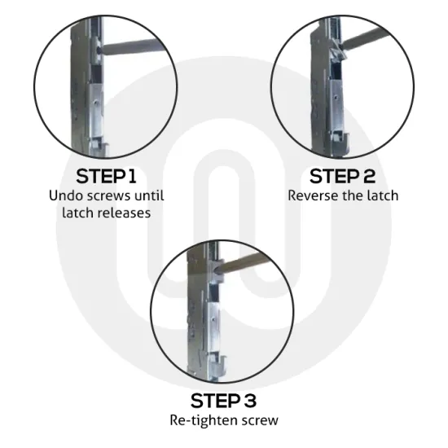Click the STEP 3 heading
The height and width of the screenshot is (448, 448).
coord(223,400)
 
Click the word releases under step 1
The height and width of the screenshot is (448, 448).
coord(130,213)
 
